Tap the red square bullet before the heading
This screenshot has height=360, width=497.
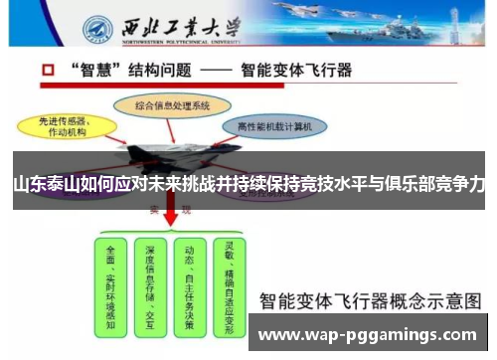coord(48,73)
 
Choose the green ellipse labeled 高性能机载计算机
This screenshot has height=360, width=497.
coord(275,127)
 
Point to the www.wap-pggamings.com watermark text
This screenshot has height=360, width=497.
coord(368,335)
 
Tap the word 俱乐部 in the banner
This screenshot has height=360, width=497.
coord(406,184)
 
